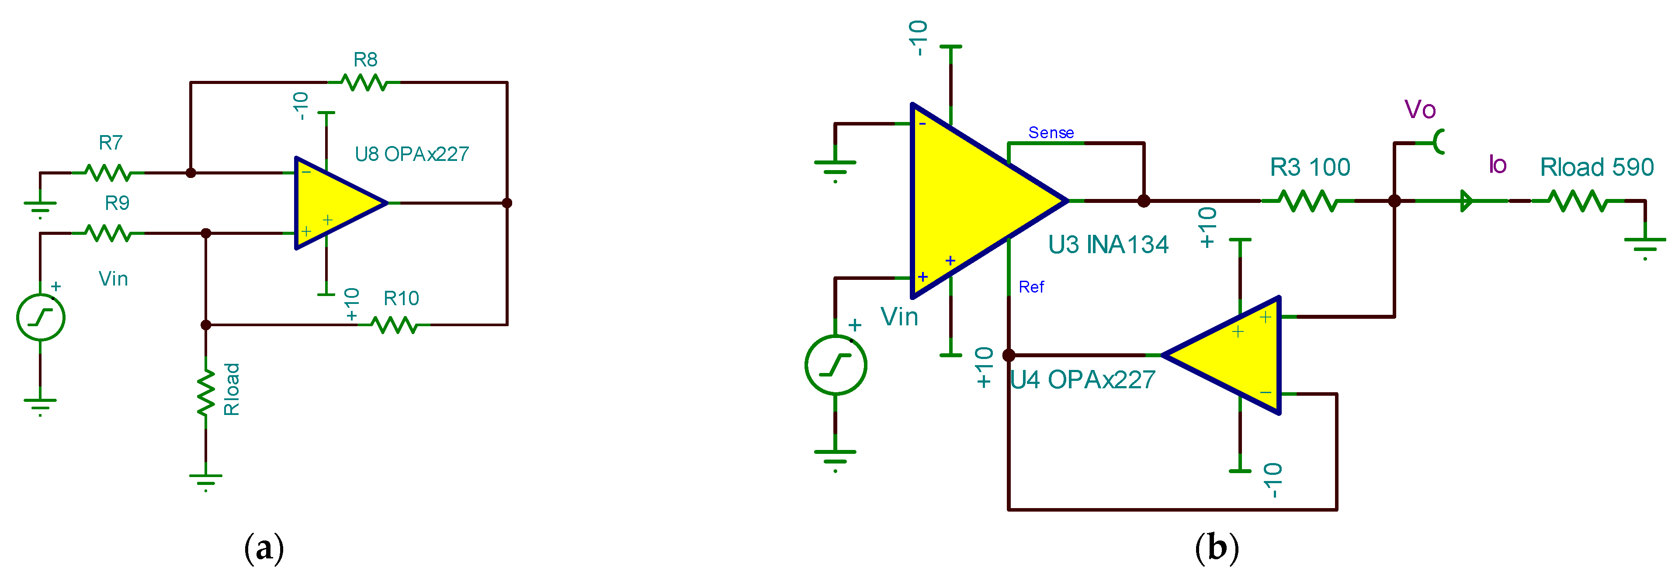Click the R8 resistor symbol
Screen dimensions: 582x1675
click(364, 83)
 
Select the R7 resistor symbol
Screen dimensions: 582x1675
click(108, 173)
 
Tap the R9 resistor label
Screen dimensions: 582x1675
click(117, 203)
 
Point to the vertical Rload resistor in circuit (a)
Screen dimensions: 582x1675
click(206, 393)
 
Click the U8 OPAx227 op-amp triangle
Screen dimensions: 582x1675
click(335, 203)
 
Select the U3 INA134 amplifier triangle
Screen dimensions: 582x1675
click(975, 201)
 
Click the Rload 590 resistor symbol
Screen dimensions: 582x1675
click(1578, 201)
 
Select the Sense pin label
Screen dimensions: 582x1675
click(1051, 132)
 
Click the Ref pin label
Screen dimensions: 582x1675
click(1031, 287)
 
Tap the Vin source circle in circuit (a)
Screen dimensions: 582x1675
click(40, 317)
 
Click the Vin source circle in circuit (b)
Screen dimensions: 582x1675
click(836, 365)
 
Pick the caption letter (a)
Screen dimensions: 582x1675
click(264, 549)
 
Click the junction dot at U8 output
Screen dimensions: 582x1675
click(507, 203)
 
